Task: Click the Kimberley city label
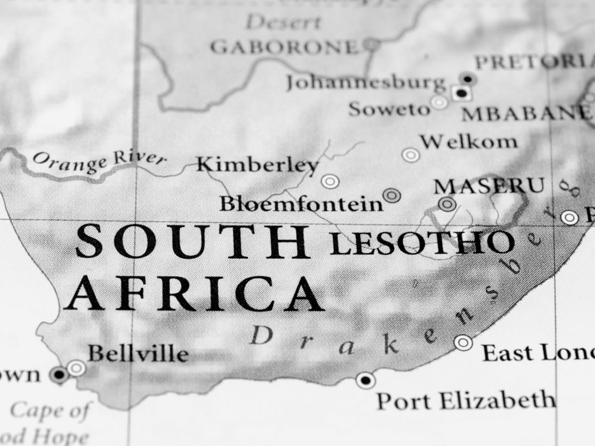click(257, 165)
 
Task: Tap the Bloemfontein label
click(301, 204)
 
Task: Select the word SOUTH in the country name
click(193, 242)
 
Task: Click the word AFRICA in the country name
click(195, 293)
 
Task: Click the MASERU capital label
click(489, 186)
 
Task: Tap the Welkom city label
click(469, 142)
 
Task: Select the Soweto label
click(389, 109)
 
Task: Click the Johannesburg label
click(366, 82)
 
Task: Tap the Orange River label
click(99, 162)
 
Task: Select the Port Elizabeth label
click(466, 400)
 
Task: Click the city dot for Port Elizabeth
click(365, 379)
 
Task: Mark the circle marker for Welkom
click(411, 155)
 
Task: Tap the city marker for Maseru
click(447, 204)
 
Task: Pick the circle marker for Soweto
click(439, 102)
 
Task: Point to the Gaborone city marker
click(372, 43)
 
